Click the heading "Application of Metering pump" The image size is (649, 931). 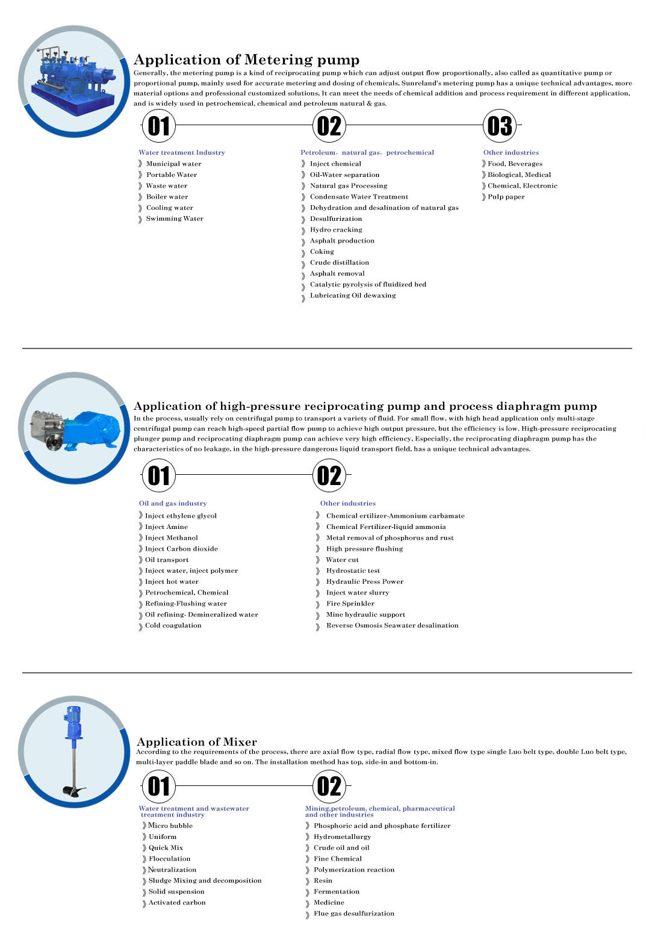pos(246,60)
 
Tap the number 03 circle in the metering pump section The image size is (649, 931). pos(500,126)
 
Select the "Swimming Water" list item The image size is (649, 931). pos(175,219)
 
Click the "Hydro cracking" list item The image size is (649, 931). pos(336,230)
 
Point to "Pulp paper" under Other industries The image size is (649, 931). pos(506,197)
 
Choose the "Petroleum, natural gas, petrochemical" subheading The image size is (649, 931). pos(367,153)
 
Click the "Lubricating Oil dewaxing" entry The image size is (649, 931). pos(353,295)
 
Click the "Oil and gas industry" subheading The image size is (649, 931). pos(173,504)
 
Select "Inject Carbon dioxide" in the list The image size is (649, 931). pos(181,549)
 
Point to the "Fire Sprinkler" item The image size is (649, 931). pos(350,604)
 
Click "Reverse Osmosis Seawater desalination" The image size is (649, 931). pos(392,626)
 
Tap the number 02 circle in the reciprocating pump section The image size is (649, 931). pos(329,476)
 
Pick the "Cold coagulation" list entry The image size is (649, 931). pos(173,626)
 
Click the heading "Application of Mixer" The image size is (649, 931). pos(197,742)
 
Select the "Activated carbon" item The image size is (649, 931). pos(177,903)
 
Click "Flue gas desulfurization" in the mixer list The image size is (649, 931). pos(354,914)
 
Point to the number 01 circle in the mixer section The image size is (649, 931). pos(159,787)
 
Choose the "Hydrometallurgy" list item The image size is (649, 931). pos(342,837)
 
